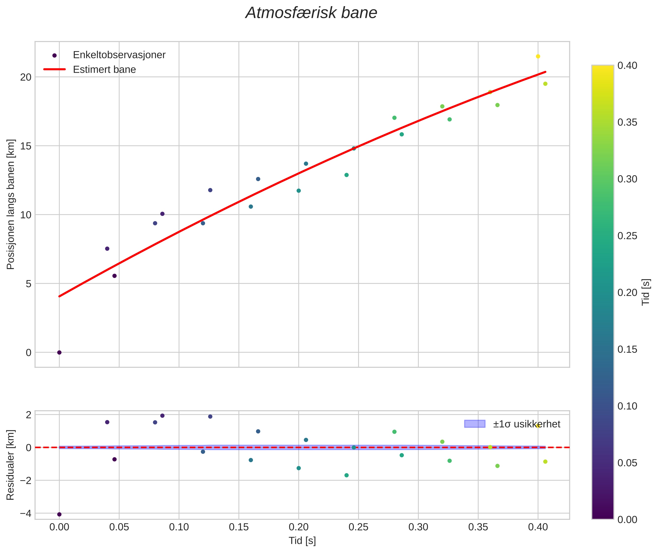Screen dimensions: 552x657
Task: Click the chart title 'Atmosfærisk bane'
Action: pyautogui.click(x=311, y=13)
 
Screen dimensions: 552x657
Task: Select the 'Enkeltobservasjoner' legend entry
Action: pyautogui.click(x=119, y=55)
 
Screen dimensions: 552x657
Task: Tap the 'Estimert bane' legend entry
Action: pyautogui.click(x=104, y=70)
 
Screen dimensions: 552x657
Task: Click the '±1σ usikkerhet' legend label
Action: pyautogui.click(x=526, y=424)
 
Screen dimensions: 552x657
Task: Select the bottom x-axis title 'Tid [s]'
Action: pyautogui.click(x=302, y=540)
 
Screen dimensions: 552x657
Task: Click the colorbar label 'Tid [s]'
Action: pyautogui.click(x=646, y=292)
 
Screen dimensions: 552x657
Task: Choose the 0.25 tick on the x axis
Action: pyautogui.click(x=358, y=527)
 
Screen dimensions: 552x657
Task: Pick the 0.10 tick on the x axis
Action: pyautogui.click(x=179, y=527)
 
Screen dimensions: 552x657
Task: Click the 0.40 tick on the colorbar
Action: pyautogui.click(x=627, y=65)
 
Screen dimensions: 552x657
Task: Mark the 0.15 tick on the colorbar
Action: pyautogui.click(x=627, y=349)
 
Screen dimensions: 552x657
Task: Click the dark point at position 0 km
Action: pyautogui.click(x=59, y=352)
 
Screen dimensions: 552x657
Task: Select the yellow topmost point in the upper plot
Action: pyautogui.click(x=538, y=56)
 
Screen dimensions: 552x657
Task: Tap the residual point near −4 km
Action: pyautogui.click(x=59, y=514)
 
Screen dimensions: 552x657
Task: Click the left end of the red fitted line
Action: pyautogui.click(x=59, y=296)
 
